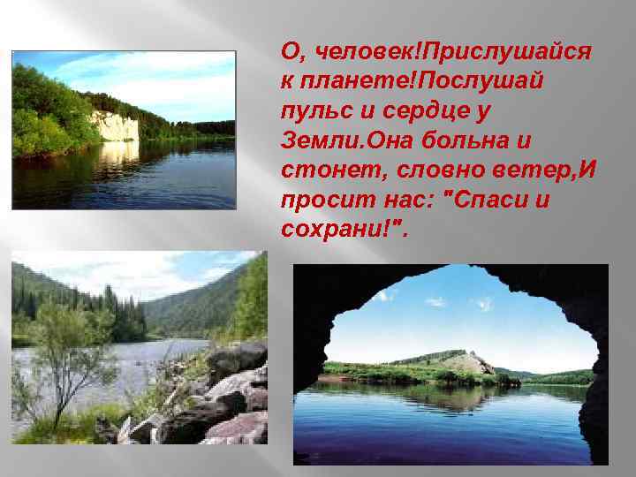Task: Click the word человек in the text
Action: tap(346, 52)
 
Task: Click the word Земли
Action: tap(315, 141)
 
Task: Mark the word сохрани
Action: tap(336, 230)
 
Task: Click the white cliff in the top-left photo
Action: tap(116, 125)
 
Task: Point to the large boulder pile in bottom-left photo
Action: tap(225, 389)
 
